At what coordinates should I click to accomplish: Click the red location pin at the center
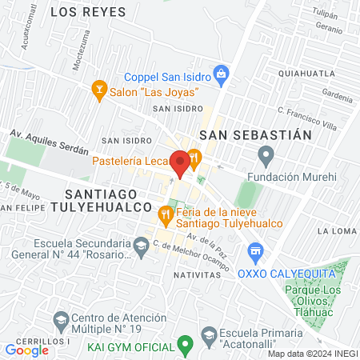(180, 162)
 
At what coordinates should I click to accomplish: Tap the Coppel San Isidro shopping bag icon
(222, 77)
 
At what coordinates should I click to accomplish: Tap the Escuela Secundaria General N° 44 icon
(141, 247)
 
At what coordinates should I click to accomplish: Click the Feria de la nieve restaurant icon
(166, 214)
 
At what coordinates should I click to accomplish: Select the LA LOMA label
(336, 230)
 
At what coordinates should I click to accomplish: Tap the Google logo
(26, 350)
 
